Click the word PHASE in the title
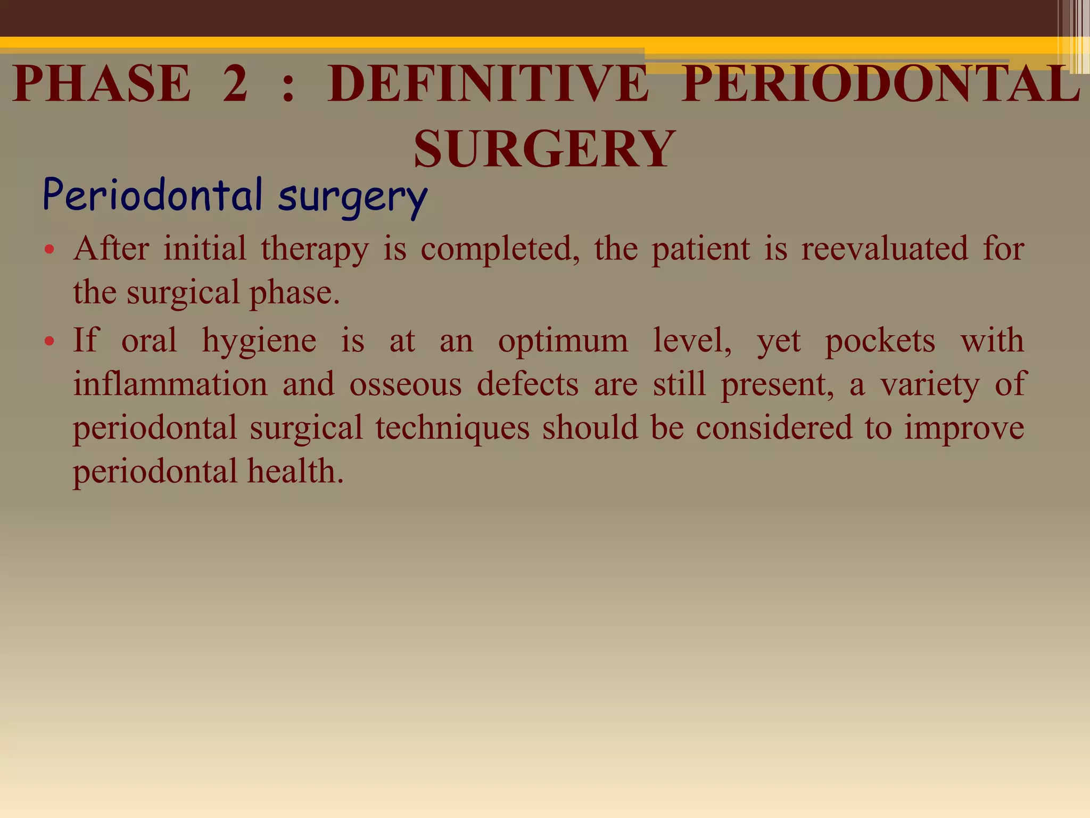click(101, 84)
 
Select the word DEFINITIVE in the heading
click(488, 84)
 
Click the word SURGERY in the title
click(544, 149)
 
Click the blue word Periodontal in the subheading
click(153, 195)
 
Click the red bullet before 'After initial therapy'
click(49, 249)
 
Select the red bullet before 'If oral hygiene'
click(49, 341)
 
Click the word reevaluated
click(885, 248)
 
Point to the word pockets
click(880, 341)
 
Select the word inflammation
click(170, 384)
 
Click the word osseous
click(406, 385)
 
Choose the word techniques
click(452, 428)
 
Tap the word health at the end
click(295, 471)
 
